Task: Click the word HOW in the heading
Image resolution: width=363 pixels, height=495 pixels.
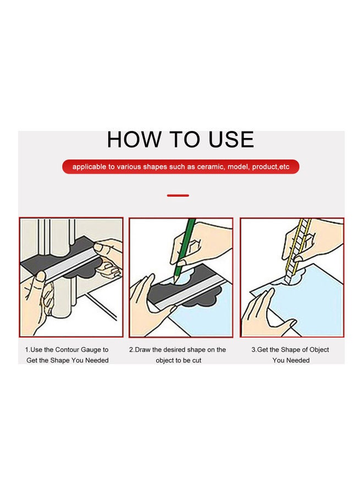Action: [x=134, y=139]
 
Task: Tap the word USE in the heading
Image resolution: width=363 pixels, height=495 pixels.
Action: [x=231, y=139]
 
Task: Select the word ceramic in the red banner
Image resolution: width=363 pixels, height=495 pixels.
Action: [x=210, y=167]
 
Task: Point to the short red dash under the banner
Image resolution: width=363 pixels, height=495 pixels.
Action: [x=178, y=196]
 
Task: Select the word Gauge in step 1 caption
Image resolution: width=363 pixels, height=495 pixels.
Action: [x=91, y=350]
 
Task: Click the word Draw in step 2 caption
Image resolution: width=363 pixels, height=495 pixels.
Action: [x=142, y=350]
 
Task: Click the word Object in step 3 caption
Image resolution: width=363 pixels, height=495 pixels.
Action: [x=318, y=350]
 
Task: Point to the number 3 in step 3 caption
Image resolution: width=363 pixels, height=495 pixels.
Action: [x=253, y=350]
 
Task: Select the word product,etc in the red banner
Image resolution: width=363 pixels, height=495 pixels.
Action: [x=271, y=167]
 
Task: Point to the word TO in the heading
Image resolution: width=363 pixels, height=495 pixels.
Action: [x=185, y=139]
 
